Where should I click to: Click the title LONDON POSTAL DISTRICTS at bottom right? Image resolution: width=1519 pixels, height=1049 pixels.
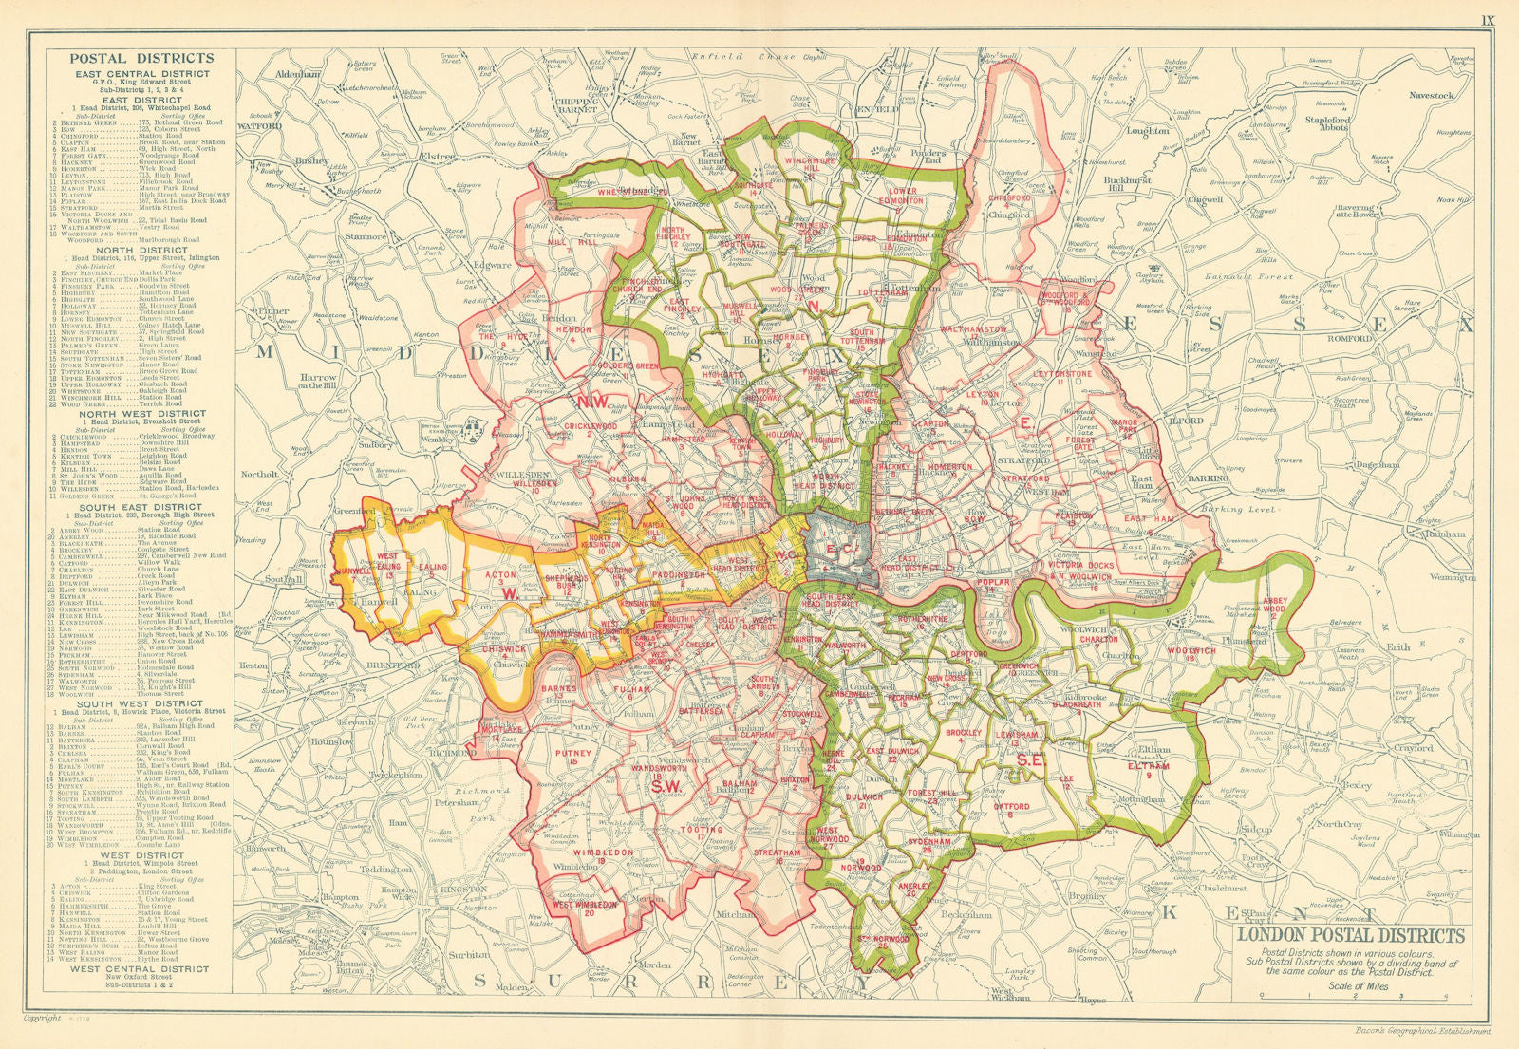(1351, 936)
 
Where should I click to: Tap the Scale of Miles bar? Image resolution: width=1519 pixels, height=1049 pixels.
(1353, 996)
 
